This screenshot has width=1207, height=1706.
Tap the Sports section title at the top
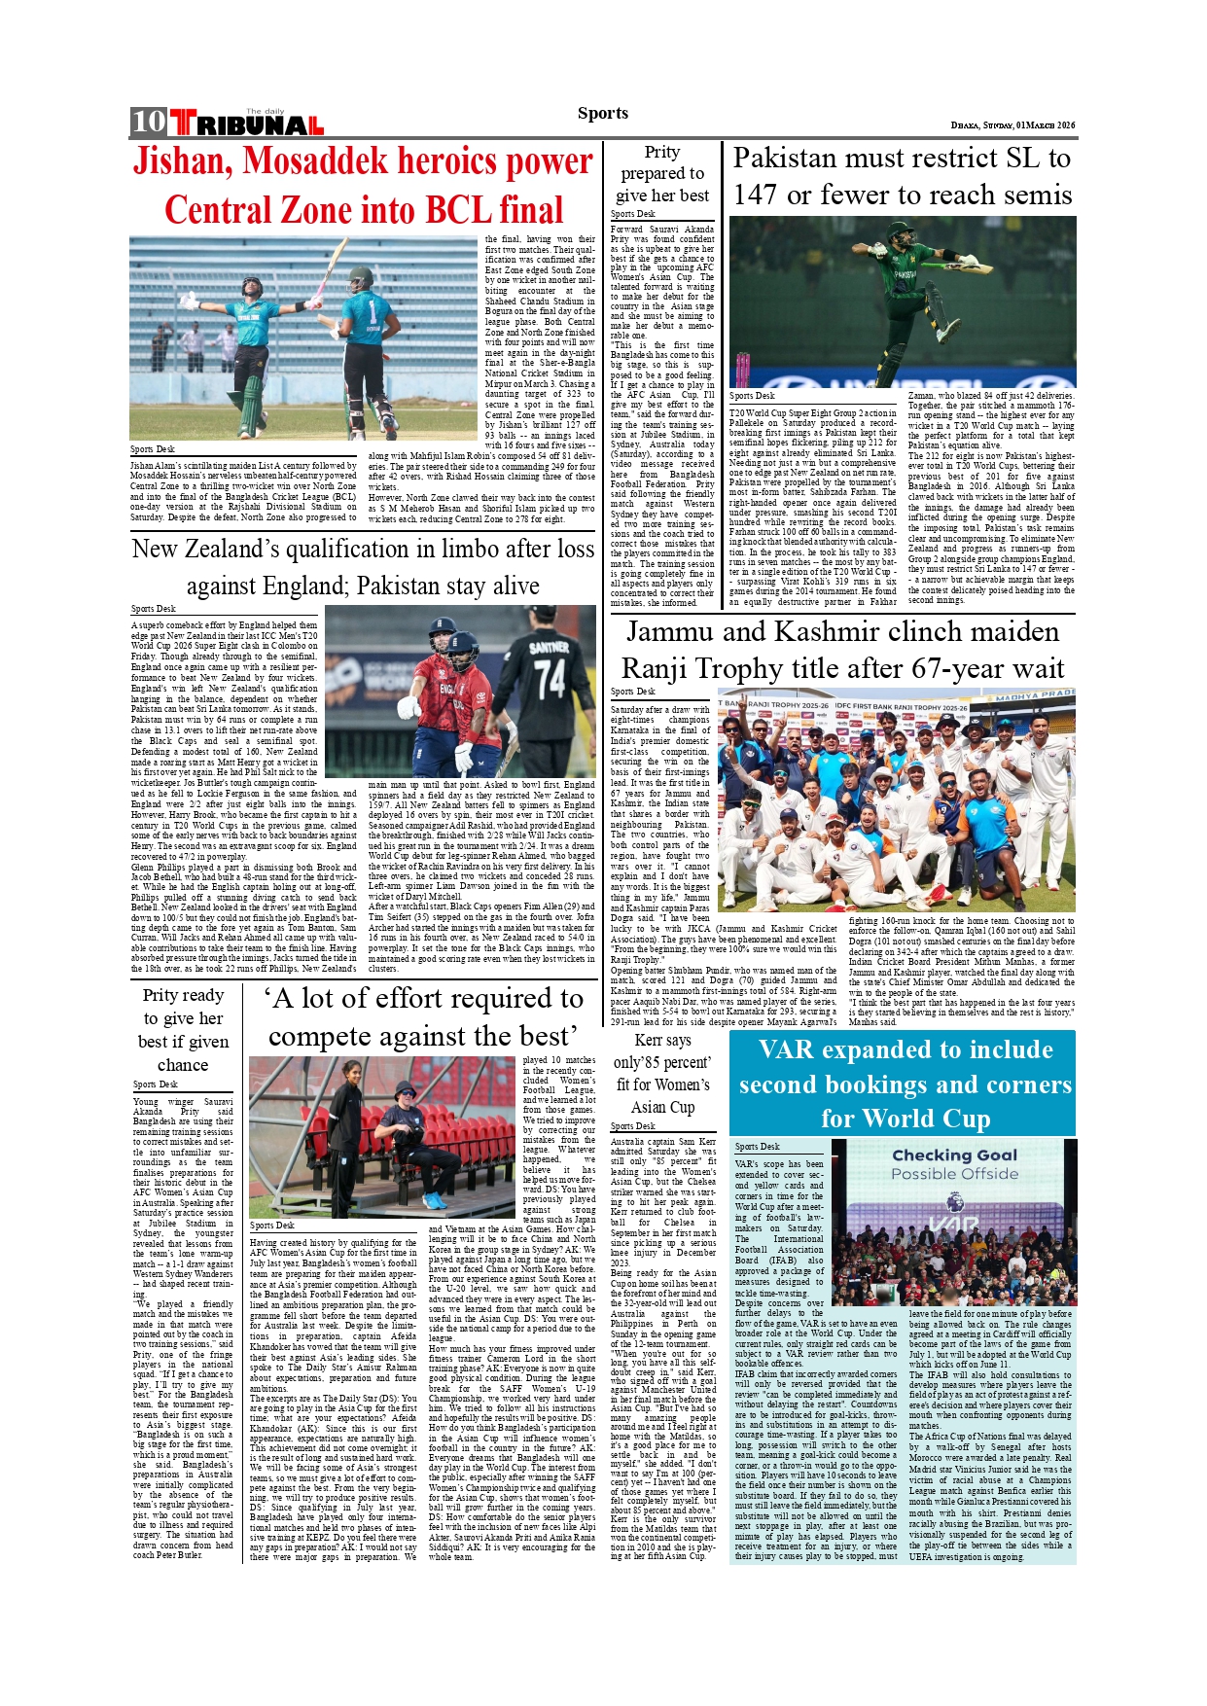pyautogui.click(x=602, y=113)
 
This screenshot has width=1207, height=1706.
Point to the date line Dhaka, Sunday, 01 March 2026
pyautogui.click(x=1012, y=125)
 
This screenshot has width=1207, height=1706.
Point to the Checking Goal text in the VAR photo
pyautogui.click(x=954, y=1155)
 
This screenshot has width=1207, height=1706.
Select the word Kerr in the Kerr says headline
pyautogui.click(x=648, y=1040)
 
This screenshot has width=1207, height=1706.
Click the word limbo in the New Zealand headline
pyautogui.click(x=436, y=549)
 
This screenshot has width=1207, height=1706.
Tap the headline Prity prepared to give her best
pyautogui.click(x=662, y=173)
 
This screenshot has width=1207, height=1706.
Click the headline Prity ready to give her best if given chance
pyautogui.click(x=183, y=1029)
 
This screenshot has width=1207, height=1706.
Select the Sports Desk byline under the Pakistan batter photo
pyautogui.click(x=752, y=396)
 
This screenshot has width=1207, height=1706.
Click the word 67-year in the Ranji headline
pyautogui.click(x=936, y=669)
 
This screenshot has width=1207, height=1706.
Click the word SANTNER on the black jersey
pyautogui.click(x=549, y=647)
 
